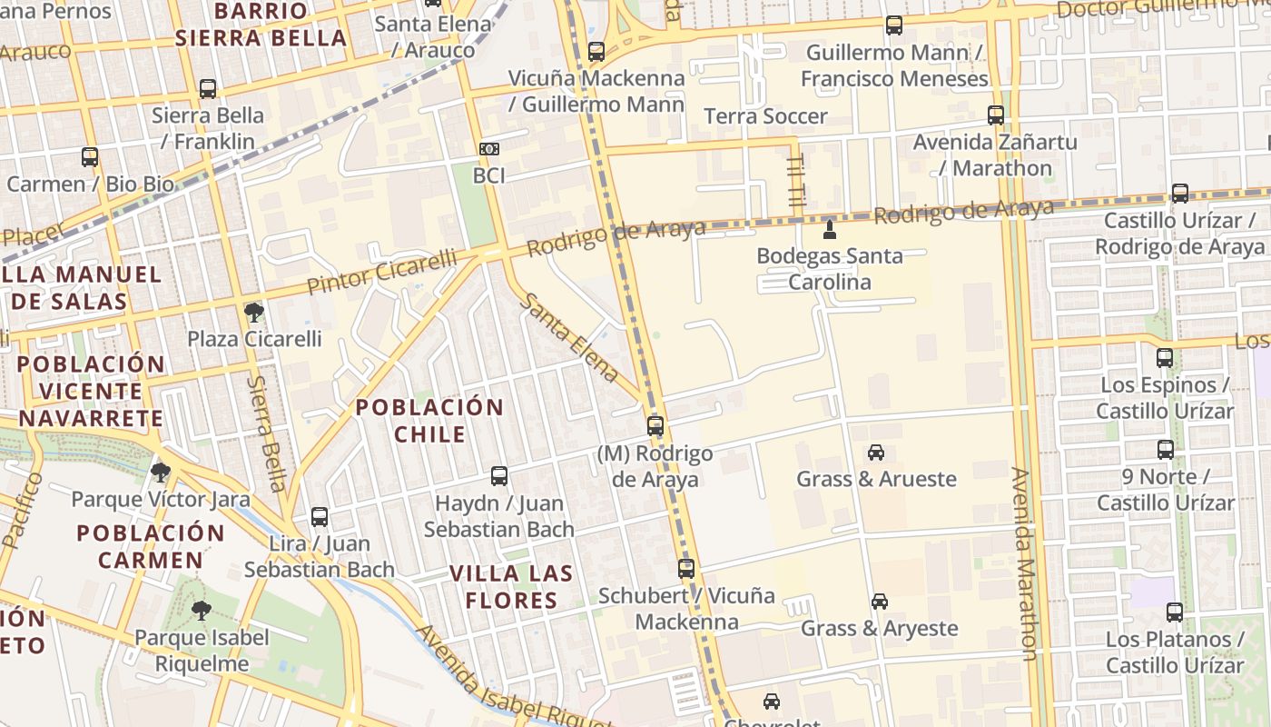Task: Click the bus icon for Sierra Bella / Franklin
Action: point(208,89)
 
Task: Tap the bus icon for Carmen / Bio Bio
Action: point(90,157)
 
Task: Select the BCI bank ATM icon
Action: point(488,148)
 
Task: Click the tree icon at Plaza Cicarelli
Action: point(254,314)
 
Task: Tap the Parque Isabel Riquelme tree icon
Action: point(201,611)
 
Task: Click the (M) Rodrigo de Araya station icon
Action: point(655,425)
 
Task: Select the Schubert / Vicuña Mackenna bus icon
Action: point(686,569)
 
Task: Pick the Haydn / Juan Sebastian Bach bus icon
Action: point(498,475)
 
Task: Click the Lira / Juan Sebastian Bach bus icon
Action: point(320,517)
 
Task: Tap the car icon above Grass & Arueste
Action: point(876,452)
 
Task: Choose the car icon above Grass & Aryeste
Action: point(879,602)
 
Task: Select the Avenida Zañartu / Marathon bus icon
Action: point(996,115)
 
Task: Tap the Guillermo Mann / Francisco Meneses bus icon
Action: point(894,25)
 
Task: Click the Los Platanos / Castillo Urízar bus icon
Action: point(1175,612)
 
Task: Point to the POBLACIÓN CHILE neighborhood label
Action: point(429,420)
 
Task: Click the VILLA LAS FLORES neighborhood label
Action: point(512,586)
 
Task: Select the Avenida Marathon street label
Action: point(1022,563)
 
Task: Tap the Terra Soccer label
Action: point(766,116)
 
